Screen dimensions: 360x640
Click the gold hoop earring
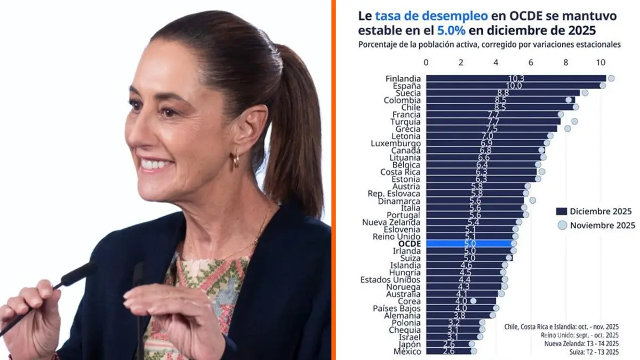[x=236, y=159]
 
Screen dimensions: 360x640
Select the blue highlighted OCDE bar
[x=469, y=244]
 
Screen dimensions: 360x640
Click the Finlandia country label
[x=403, y=78]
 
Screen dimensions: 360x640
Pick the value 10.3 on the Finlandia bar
[x=516, y=78]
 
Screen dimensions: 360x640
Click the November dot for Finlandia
[x=611, y=78]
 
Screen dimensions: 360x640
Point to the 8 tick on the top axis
[x=566, y=62]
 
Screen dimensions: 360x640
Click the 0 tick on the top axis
[x=426, y=62]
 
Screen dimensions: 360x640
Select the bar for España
[x=515, y=85]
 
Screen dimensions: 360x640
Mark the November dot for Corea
[x=473, y=301]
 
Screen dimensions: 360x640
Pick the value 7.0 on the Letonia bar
[x=487, y=136]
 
